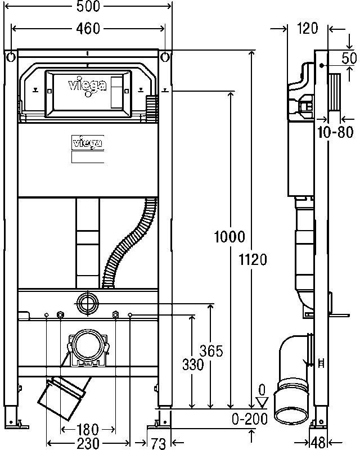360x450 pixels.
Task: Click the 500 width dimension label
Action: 88,6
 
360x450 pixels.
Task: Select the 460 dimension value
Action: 88,29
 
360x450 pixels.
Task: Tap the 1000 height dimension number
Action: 229,237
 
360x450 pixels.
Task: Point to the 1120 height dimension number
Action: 253,260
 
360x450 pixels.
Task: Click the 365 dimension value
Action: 211,350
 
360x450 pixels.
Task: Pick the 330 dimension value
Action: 193,364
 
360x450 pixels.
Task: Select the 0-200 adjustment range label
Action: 250,419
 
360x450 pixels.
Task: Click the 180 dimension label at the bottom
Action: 88,430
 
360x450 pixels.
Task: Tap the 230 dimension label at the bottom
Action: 88,443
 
